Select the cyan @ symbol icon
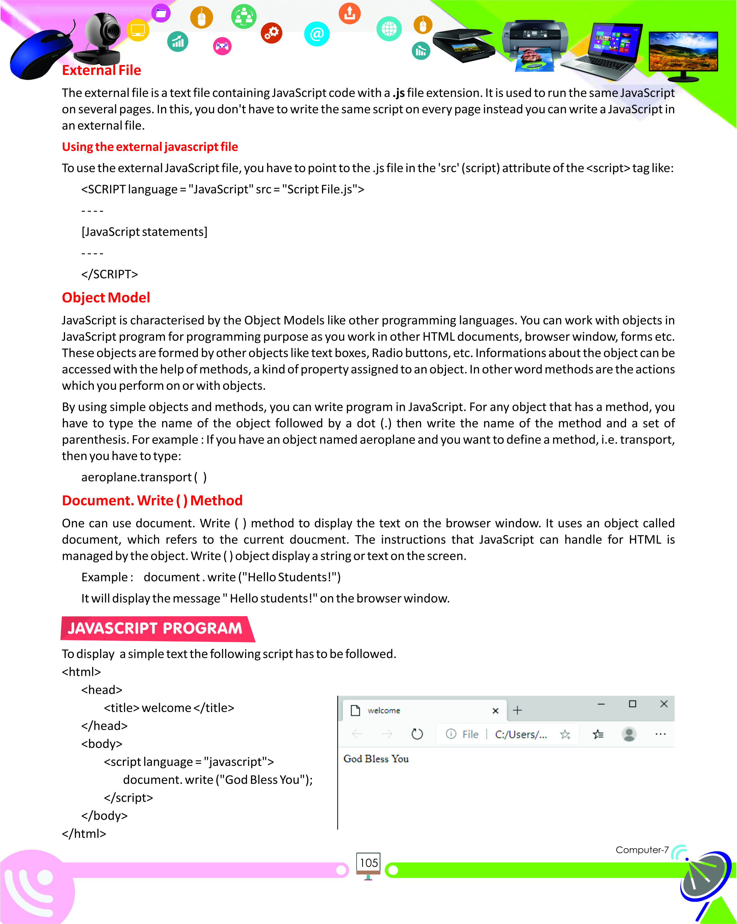point(316,34)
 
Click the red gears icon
point(271,33)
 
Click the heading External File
point(102,70)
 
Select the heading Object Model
point(106,297)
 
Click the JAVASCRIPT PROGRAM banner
point(155,628)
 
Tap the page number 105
point(368,863)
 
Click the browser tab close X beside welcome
point(495,711)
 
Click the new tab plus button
point(517,710)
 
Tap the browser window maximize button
point(632,704)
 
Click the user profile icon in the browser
point(629,734)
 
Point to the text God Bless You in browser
point(376,759)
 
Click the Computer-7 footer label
point(642,850)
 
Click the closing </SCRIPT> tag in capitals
point(110,274)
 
